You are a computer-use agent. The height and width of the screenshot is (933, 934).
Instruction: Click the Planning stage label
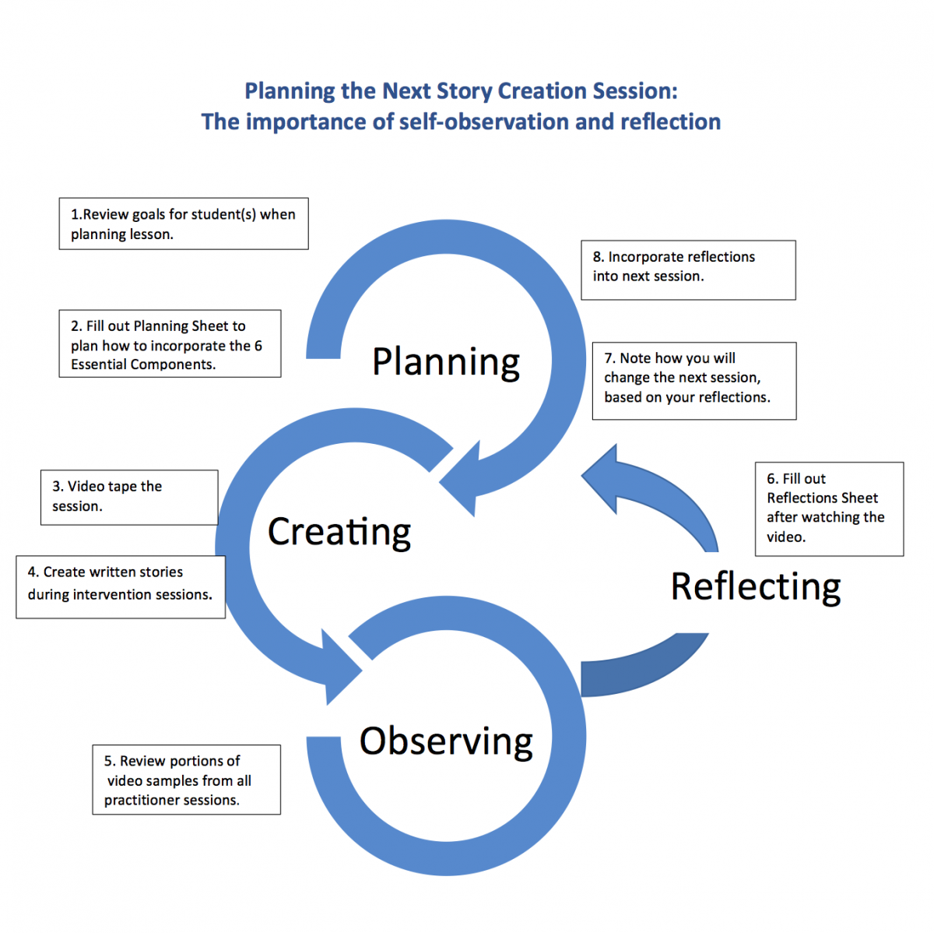point(446,362)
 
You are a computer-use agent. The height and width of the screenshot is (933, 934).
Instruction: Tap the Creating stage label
point(339,532)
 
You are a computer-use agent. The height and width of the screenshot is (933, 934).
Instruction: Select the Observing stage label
point(446,741)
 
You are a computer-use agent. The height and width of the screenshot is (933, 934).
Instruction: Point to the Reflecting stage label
point(756,586)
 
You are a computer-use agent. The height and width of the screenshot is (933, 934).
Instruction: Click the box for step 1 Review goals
point(184,224)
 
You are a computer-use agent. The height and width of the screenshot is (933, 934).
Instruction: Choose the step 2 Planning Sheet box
point(170,344)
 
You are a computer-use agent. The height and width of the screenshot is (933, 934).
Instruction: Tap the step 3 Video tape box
point(129,497)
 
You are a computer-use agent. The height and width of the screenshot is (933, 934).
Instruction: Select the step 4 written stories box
point(121,586)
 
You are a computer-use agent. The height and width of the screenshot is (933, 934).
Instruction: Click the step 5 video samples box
point(186,780)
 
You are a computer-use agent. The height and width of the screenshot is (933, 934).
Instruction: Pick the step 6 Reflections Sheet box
point(829,509)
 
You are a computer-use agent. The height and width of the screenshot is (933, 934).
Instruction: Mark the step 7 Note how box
point(693,381)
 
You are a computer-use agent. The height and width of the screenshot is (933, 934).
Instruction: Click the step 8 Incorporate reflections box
point(688,269)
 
